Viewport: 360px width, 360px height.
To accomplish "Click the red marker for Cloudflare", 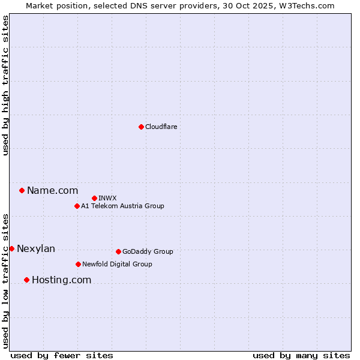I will pos(141,127).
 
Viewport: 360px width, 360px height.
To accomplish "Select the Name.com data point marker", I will pos(22,191).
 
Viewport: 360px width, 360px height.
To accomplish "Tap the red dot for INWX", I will pos(94,198).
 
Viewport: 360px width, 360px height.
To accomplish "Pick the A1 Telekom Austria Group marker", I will pos(77,206).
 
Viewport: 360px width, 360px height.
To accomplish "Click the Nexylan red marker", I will pos(11,248).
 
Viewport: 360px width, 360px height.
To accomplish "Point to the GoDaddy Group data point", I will pos(118,251).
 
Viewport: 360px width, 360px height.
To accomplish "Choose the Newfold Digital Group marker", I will pos(78,264).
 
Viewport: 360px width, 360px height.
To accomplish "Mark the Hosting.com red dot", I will pos(26,280).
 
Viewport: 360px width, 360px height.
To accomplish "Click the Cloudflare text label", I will pos(161,127).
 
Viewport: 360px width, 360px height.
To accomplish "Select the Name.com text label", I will pos(53,191).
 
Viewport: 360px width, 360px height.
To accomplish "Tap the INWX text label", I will pos(108,198).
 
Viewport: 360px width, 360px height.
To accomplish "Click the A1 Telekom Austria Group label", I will pos(122,206).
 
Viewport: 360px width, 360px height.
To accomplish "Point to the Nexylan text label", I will pos(36,249).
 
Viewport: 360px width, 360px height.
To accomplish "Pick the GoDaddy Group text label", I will pos(148,251).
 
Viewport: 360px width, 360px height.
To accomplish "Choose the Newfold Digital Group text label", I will pos(117,264).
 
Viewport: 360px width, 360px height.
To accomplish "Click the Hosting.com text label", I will pos(61,280).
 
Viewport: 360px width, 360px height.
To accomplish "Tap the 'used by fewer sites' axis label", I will pos(62,355).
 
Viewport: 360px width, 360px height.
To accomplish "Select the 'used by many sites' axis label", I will pos(301,355).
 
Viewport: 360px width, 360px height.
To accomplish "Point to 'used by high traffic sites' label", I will pos(5,85).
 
